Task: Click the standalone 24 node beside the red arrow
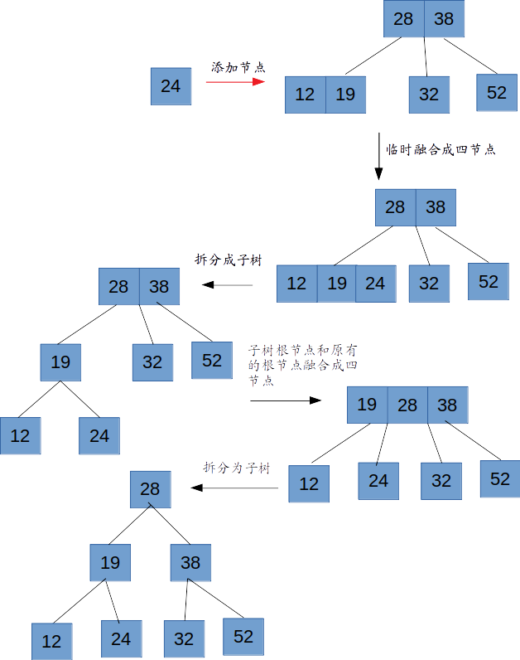[x=171, y=85]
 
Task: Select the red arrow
[x=235, y=82]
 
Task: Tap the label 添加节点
[x=238, y=67]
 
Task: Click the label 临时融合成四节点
[x=441, y=150]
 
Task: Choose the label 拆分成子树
[x=228, y=260]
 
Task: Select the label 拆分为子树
[x=237, y=468]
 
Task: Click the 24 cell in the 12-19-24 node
[x=376, y=284]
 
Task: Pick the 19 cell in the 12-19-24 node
[x=336, y=284]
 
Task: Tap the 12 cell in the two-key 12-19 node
[x=305, y=95]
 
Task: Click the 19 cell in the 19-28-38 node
[x=367, y=405]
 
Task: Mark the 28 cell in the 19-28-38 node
[x=407, y=405]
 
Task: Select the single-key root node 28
[x=150, y=489]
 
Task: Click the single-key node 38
[x=190, y=563]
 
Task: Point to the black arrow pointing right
[x=286, y=400]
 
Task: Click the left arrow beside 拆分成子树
[x=228, y=286]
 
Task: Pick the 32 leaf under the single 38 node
[x=184, y=639]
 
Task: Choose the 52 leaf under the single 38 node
[x=243, y=637]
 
